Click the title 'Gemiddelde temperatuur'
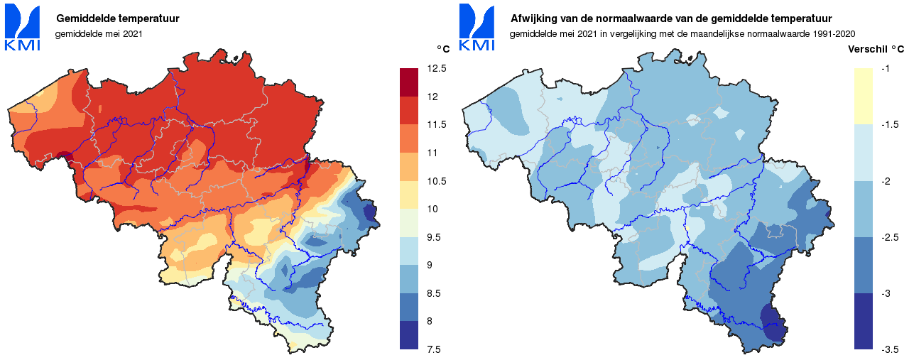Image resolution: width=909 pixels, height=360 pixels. pyautogui.click(x=117, y=18)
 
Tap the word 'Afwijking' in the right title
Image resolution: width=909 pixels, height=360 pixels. pyautogui.click(x=533, y=18)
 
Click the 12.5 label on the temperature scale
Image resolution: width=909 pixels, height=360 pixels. pyautogui.click(x=437, y=68)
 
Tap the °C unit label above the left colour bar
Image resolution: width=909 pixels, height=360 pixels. pyautogui.click(x=443, y=49)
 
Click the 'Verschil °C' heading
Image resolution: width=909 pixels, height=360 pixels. pyautogui.click(x=876, y=49)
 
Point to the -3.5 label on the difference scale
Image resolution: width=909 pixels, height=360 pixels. pyautogui.click(x=889, y=349)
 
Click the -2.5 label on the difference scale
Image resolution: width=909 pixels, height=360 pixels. pyautogui.click(x=889, y=237)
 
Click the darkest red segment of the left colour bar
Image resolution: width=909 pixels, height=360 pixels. pyautogui.click(x=410, y=82)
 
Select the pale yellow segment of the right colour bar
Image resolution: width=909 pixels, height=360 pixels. pyautogui.click(x=864, y=96)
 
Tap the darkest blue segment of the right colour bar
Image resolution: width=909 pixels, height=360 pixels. pyautogui.click(x=864, y=321)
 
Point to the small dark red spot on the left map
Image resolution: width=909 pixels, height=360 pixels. pyautogui.click(x=64, y=157)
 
